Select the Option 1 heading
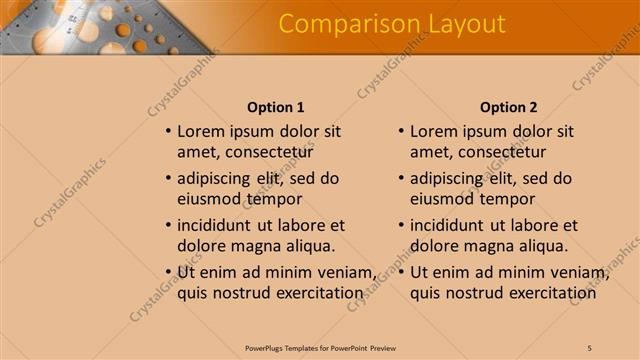pos(275,107)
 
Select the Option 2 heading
pos(508,107)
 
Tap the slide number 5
pos(590,347)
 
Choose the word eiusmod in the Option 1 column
pos(210,199)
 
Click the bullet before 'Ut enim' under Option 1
pos(168,272)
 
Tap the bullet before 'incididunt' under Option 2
pos(401,225)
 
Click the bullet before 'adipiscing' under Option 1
pos(168,178)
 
